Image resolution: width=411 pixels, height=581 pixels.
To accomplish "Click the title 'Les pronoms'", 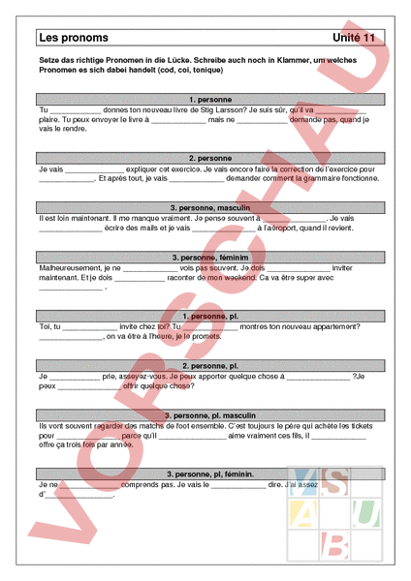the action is (74, 38).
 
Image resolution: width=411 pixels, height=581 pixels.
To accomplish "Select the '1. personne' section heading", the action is (210, 99).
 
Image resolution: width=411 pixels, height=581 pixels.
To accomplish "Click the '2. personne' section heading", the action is (210, 157).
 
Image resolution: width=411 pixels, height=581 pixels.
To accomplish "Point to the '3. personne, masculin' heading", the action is (210, 207).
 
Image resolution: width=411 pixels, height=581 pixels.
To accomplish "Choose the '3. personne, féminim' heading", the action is (210, 258).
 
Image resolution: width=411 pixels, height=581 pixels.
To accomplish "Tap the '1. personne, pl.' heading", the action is (210, 316).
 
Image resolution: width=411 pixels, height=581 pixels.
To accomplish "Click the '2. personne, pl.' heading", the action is (210, 366).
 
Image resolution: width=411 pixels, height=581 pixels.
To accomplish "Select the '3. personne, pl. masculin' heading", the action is (210, 415).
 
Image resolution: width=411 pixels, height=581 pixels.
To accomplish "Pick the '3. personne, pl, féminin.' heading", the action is (210, 474).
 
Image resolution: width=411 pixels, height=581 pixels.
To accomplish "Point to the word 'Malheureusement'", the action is (69, 268).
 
